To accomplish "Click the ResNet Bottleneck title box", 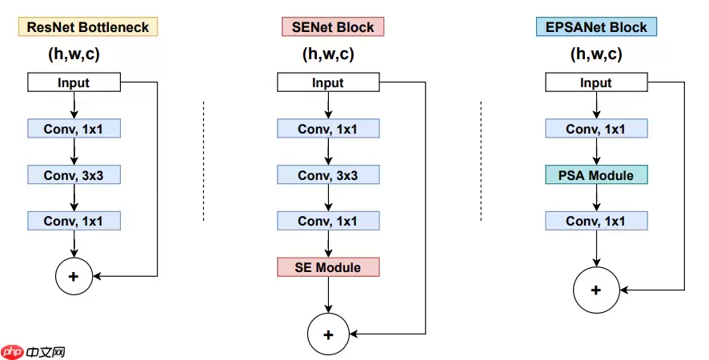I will pos(88,27).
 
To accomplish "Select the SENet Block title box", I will pos(333,27).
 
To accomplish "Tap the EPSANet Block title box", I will pos(595,27).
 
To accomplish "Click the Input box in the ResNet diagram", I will pos(74,82).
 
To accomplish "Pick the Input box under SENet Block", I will pos(327,82).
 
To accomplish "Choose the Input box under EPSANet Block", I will pos(595,82).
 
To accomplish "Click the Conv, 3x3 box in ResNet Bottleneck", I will pos(74,174).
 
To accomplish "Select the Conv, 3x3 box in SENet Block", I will pos(327,174).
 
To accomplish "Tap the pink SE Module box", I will pos(327,267).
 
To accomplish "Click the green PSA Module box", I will pos(595,174).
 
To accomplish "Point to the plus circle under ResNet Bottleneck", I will pos(74,276).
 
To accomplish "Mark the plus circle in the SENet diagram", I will pos(327,334).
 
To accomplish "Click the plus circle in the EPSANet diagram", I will pos(595,289).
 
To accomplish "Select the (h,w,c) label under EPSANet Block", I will pos(595,55).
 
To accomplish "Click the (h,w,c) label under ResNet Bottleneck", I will pos(74,55).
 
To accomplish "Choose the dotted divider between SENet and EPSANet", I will pos(481,160).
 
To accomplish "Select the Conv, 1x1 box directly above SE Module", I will pos(327,221).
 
